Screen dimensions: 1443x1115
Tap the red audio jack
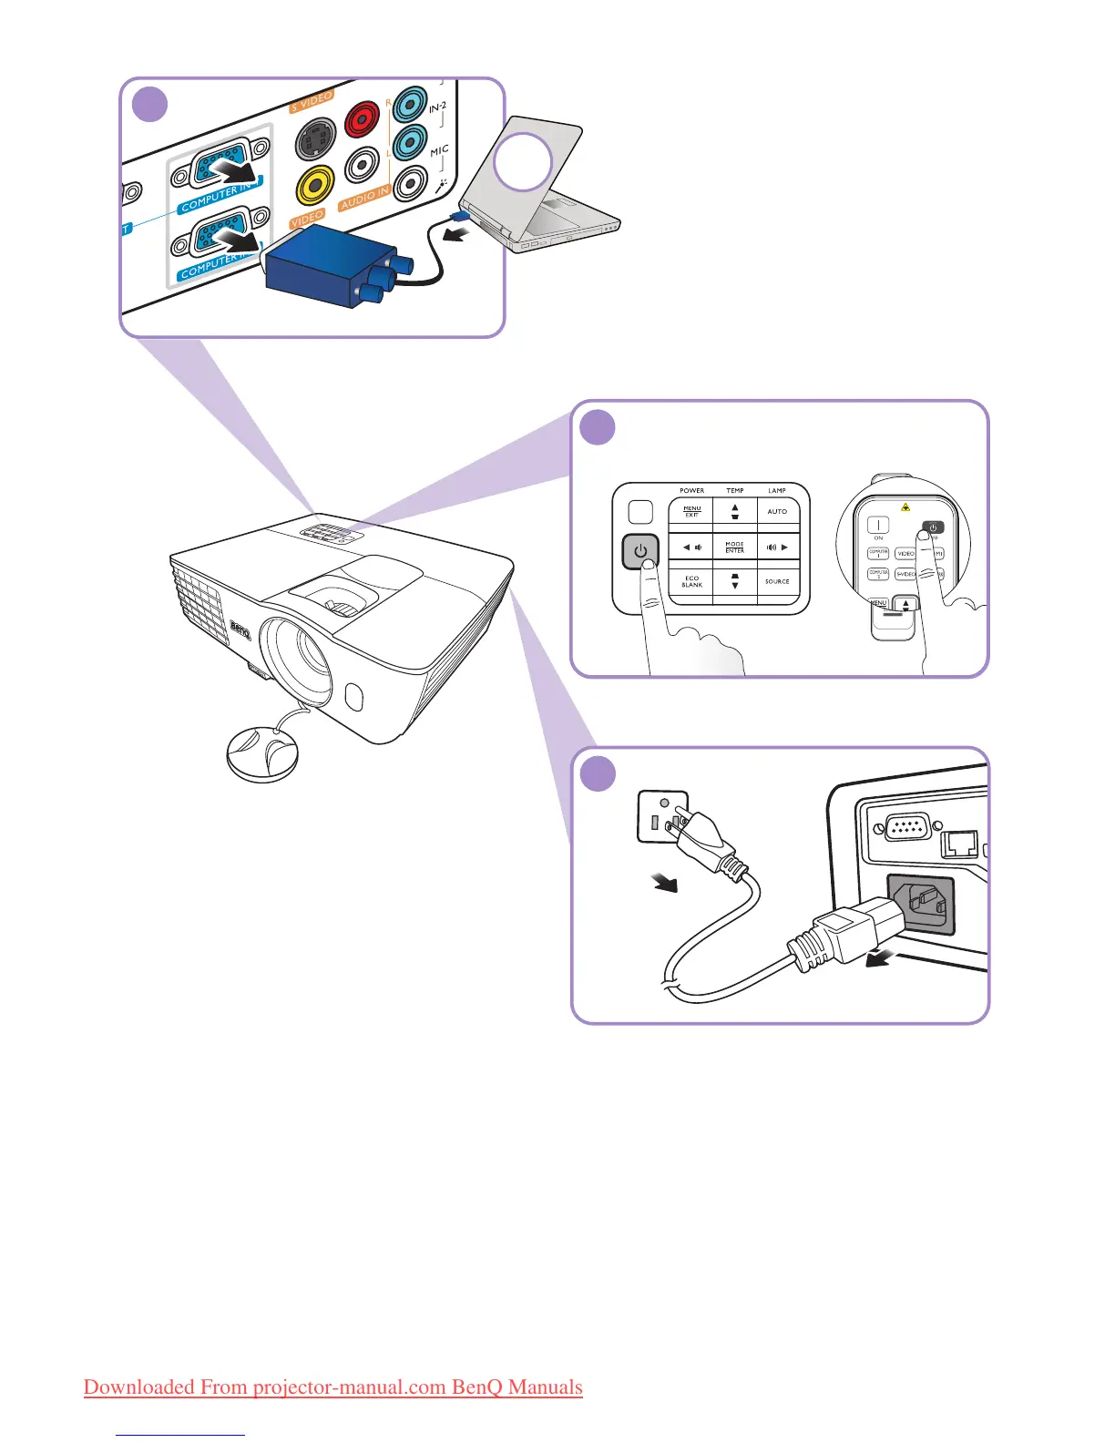pos(363,118)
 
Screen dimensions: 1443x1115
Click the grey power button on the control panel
pos(640,552)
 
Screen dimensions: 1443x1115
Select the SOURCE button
pos(777,581)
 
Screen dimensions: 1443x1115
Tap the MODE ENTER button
pos(734,548)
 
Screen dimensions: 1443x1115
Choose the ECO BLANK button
pos(691,581)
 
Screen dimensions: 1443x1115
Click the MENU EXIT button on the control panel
pos(691,512)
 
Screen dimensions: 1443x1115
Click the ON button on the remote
pos(878,526)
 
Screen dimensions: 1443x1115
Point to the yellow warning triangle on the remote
pos(905,507)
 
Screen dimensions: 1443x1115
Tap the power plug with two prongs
pos(706,843)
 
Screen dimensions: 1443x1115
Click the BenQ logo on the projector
pos(240,629)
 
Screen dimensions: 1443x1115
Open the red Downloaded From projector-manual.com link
pos(332,1387)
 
